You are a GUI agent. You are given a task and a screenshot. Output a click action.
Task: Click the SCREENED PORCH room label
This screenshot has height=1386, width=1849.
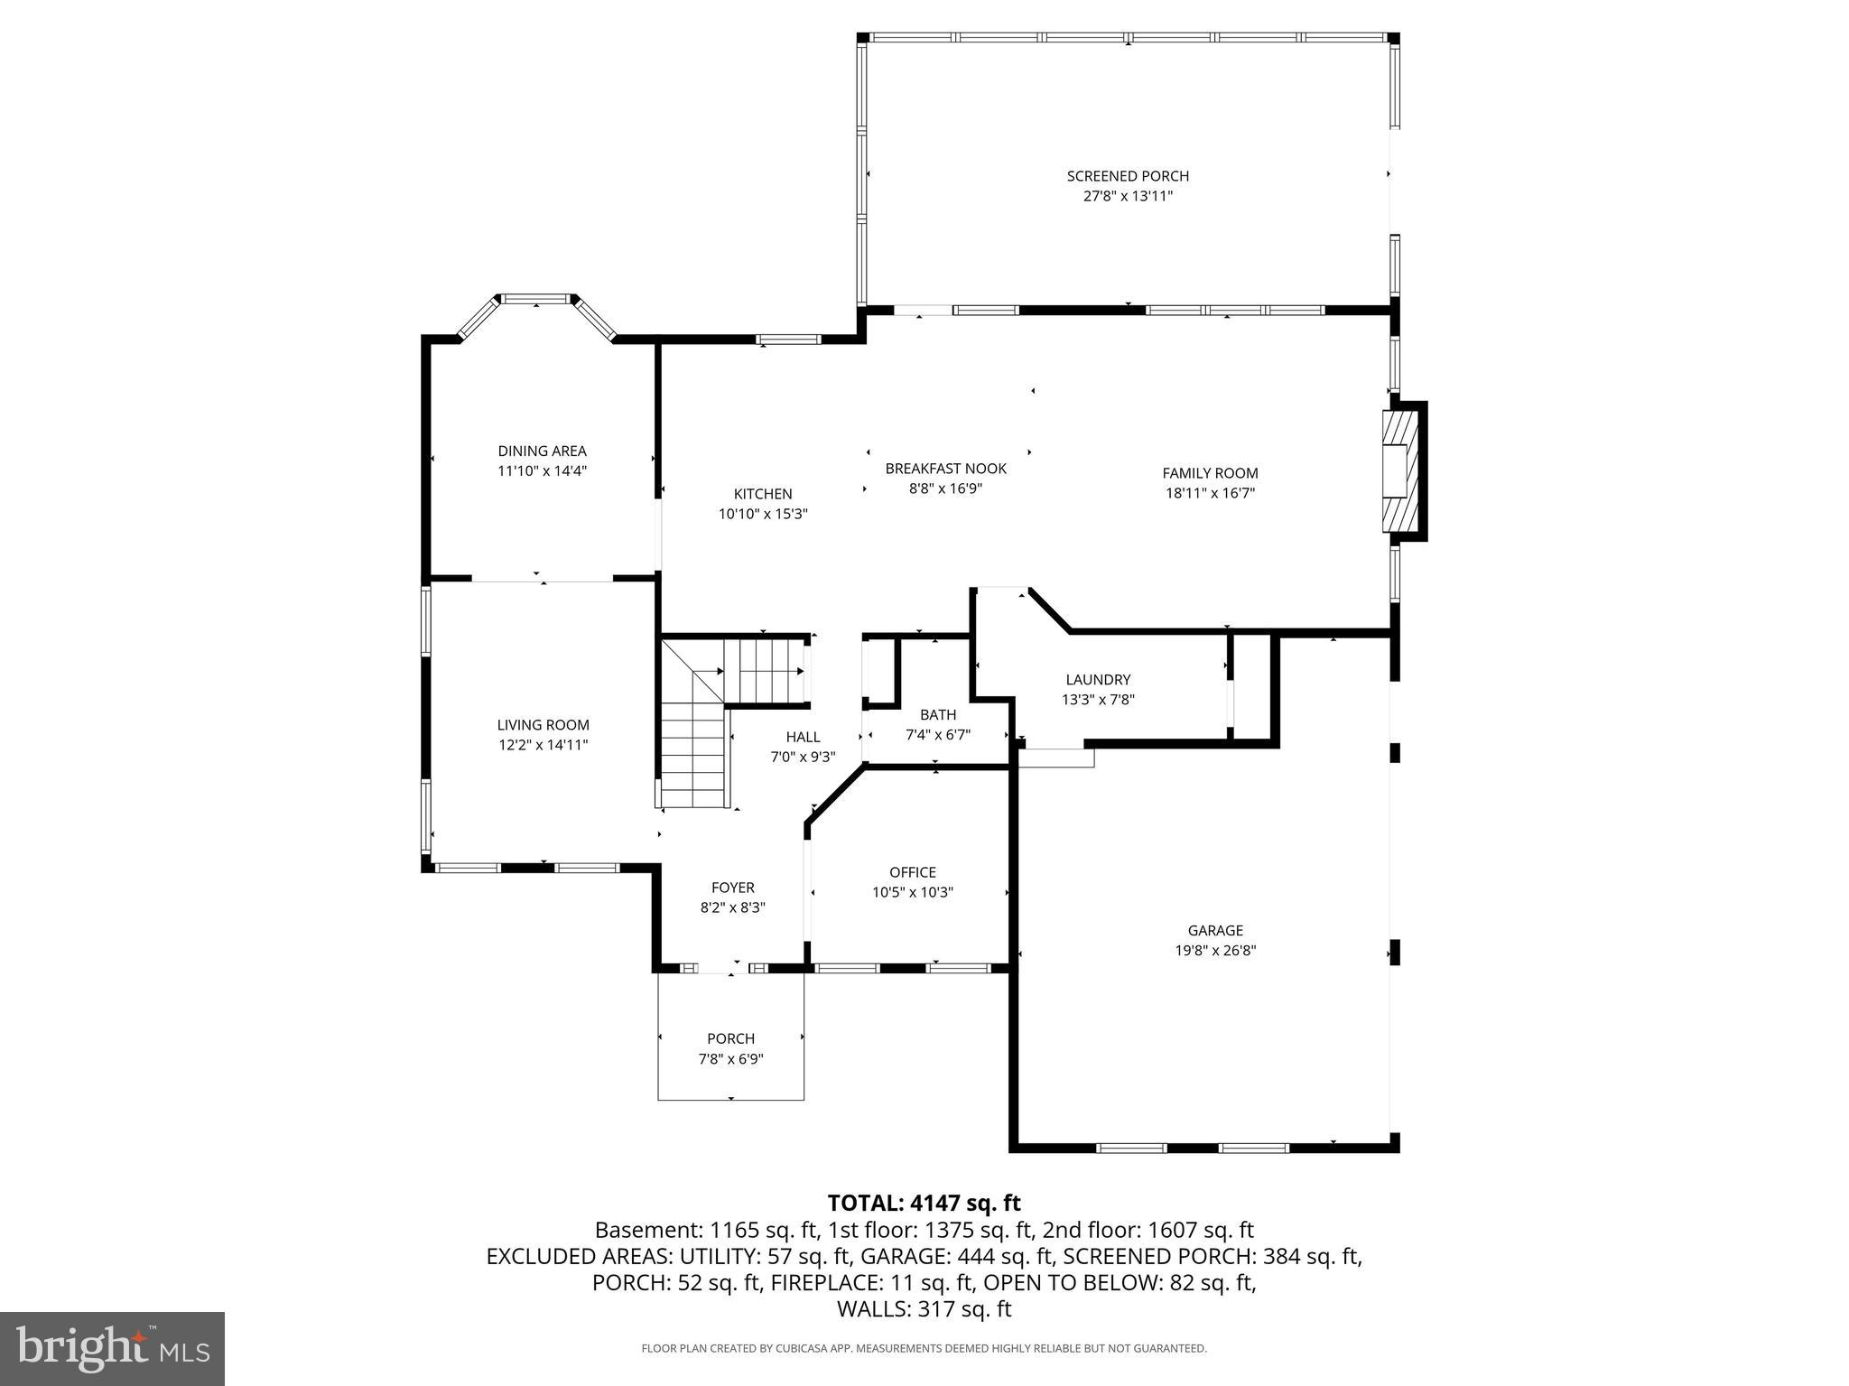tap(1128, 176)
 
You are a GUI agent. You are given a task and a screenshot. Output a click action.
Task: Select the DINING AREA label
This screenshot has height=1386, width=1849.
tap(542, 451)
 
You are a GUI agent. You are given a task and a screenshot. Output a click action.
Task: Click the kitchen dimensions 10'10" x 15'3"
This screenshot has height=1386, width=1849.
tap(763, 514)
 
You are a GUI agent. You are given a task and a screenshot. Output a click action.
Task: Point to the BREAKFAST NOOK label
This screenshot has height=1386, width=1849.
tap(945, 469)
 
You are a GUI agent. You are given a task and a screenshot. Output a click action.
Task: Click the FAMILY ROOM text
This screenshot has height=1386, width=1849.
tap(1210, 473)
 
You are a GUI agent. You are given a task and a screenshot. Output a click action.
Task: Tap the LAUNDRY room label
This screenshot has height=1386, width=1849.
tap(1098, 679)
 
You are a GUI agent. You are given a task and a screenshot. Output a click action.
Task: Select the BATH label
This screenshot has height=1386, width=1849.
tap(938, 714)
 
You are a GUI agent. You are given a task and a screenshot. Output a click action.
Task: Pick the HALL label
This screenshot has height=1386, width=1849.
tap(803, 737)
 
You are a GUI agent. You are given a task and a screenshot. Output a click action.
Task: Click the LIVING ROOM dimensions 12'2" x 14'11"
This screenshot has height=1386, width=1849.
tap(543, 745)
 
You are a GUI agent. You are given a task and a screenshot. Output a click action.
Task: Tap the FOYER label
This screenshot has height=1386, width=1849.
tap(732, 888)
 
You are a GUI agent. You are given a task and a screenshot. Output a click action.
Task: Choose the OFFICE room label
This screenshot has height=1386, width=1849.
tap(913, 872)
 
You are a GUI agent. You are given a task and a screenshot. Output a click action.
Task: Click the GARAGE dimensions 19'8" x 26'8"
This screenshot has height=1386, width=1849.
tap(1215, 950)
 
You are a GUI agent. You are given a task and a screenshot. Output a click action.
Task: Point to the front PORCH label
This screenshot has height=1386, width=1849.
tap(730, 1038)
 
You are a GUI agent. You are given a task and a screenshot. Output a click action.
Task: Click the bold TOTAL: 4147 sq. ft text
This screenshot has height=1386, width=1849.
tap(924, 1203)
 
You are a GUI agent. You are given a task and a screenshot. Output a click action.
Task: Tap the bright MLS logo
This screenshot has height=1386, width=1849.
tap(112, 1348)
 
